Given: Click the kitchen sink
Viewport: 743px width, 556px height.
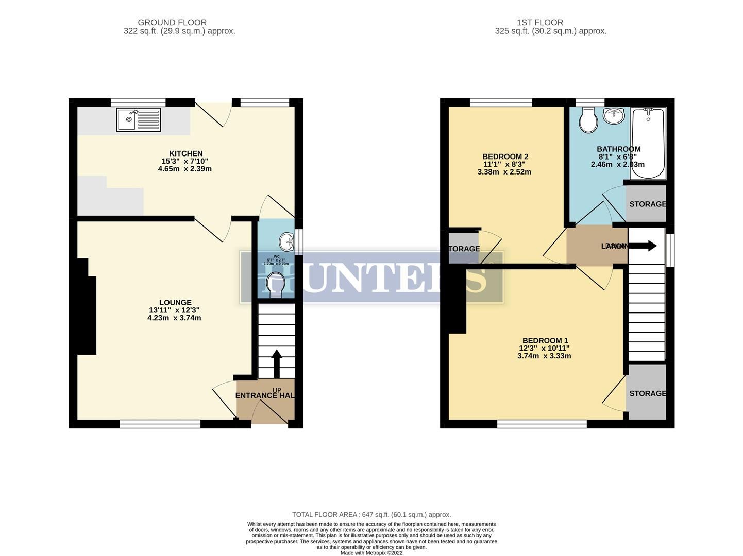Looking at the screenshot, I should tap(138, 119).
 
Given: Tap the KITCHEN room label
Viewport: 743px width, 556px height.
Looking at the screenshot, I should tap(186, 153).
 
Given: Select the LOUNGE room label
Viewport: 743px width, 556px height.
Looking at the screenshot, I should tap(175, 303).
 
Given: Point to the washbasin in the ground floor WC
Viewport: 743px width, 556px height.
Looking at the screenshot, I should tap(287, 241).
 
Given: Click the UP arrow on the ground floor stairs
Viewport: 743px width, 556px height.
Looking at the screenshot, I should tap(277, 363).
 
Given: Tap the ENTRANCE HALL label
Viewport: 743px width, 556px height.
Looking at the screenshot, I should tap(265, 395).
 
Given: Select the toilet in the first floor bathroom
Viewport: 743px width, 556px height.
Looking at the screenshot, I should tap(588, 120).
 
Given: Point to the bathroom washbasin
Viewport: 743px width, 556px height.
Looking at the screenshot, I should tap(613, 116).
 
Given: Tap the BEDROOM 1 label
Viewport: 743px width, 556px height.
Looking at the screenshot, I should tap(545, 340).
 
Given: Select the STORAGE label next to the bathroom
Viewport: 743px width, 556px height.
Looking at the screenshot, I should tap(647, 204).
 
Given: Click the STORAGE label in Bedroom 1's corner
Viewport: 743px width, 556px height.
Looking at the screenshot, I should tap(647, 393).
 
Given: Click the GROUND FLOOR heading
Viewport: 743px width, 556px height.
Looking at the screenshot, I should tap(172, 22).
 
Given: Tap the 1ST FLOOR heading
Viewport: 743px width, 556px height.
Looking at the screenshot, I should tap(539, 22).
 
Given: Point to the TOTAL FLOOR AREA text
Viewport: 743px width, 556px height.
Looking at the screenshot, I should tap(371, 514).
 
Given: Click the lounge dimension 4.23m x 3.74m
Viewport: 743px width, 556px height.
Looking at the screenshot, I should tap(174, 318).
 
